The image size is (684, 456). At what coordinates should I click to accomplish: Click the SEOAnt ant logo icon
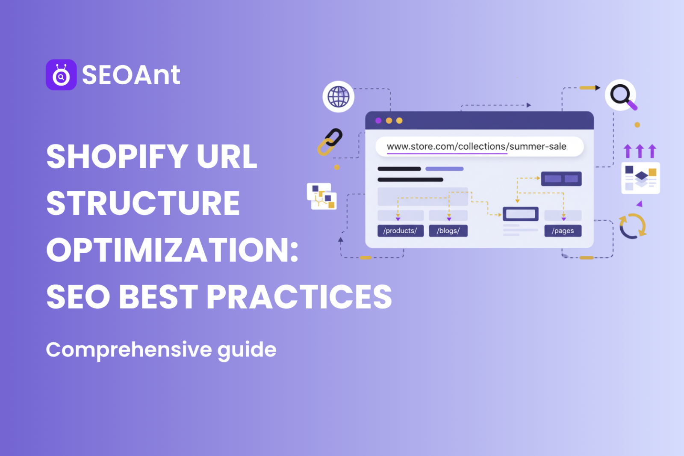61,75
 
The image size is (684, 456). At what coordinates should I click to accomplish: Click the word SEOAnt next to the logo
131,75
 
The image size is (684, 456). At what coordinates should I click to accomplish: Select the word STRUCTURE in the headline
143,203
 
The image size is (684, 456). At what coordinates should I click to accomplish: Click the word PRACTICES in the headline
299,297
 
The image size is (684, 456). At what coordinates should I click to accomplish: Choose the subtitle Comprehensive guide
161,350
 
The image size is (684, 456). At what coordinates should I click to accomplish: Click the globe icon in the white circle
338,97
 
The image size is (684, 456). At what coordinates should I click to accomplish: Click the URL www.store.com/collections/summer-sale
476,147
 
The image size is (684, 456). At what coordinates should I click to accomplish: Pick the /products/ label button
400,231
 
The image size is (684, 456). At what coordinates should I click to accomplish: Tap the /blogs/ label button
448,231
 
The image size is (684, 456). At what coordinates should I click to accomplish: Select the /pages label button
563,231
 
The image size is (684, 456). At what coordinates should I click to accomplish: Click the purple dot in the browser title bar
378,121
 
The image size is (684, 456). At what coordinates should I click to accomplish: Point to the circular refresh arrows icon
632,226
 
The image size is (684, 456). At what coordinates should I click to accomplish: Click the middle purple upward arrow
640,151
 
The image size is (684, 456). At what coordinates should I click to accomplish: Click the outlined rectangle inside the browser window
520,213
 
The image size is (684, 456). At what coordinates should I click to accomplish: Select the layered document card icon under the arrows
640,178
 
